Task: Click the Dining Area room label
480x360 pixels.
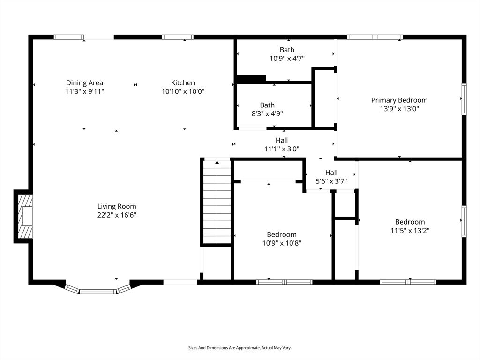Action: [84, 83]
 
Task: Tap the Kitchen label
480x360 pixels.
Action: [183, 83]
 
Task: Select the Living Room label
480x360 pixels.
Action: [117, 207]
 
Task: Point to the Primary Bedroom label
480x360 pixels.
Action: [399, 100]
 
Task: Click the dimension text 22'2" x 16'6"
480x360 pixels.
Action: [117, 215]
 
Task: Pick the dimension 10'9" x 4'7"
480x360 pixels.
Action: [287, 58]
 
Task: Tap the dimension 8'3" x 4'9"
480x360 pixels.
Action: [267, 113]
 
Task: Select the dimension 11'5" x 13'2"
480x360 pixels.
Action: [410, 230]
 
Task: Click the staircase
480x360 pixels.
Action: [217, 202]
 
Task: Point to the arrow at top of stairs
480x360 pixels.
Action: [217, 162]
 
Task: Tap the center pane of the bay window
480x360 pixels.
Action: [98, 292]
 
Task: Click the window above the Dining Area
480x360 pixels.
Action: [69, 37]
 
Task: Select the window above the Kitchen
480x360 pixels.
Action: [178, 37]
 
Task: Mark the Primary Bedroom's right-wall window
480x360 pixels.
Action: [464, 99]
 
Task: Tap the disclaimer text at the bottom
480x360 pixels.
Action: [240, 348]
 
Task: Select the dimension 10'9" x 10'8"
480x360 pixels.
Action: [282, 243]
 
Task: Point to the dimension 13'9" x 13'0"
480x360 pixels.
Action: [399, 109]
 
